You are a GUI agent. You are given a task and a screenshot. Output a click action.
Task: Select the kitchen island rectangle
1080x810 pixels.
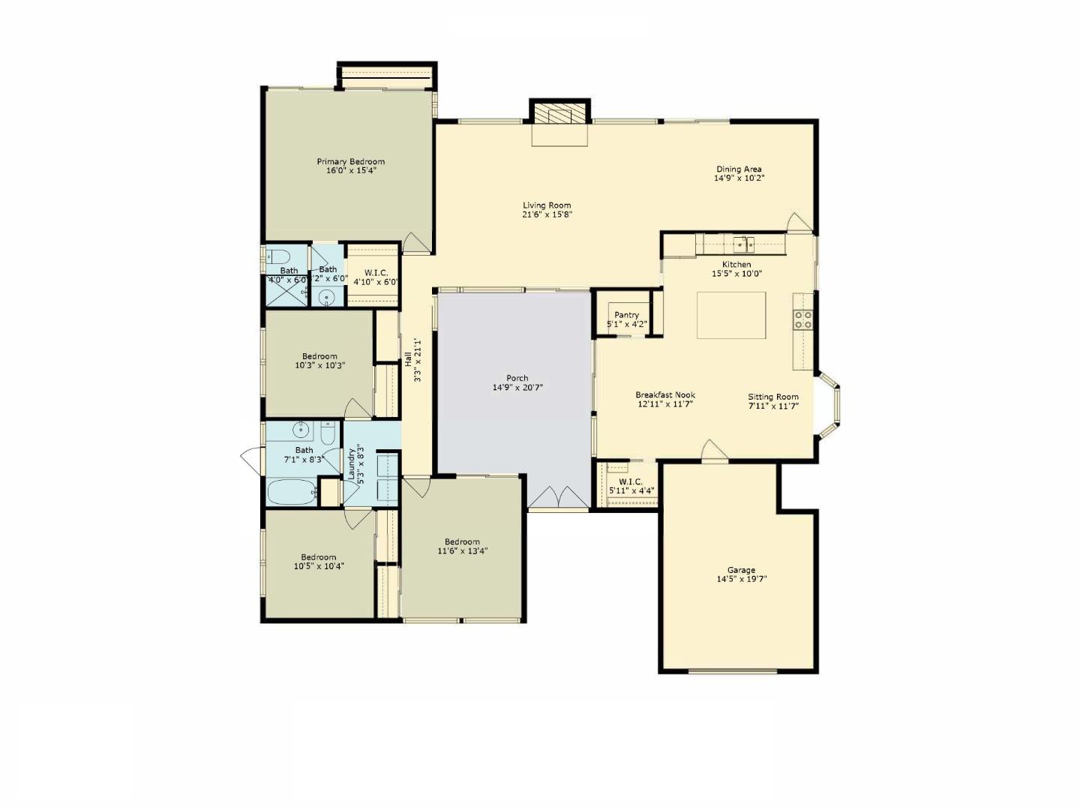tap(731, 315)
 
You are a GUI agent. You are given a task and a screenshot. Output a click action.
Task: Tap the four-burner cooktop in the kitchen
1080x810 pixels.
tap(803, 320)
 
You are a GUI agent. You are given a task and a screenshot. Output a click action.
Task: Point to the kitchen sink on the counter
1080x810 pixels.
tap(744, 244)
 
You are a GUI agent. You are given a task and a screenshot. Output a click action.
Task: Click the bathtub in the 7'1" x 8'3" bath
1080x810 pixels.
tap(292, 493)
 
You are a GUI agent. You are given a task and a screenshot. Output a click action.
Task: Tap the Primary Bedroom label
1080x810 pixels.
tap(350, 161)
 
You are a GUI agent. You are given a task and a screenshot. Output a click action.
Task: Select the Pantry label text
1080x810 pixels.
tap(626, 315)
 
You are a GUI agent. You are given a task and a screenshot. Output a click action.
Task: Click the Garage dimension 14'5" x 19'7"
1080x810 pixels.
tap(741, 579)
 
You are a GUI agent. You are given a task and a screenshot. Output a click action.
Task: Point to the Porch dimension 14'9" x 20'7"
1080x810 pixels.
tap(517, 388)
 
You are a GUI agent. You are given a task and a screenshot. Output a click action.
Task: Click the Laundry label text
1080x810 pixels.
tap(351, 463)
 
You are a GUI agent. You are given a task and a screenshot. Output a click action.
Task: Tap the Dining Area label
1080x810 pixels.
tap(739, 169)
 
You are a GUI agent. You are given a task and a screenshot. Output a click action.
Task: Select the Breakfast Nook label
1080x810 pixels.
tap(665, 394)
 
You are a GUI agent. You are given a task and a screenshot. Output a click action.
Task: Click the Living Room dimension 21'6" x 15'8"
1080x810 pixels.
tap(547, 214)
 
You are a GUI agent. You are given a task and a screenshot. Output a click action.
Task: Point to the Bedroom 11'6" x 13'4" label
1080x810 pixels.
tap(462, 541)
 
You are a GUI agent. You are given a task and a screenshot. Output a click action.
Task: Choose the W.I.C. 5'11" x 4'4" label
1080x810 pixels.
tap(631, 481)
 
